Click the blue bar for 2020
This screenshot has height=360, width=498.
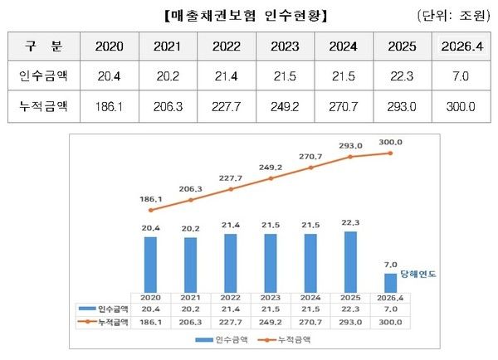coord(150,264)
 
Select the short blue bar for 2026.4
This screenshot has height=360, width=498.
coord(390,282)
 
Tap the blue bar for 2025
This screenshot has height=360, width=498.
coord(350,261)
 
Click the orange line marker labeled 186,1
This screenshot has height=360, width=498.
coord(150,210)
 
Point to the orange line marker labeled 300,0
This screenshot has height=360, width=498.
coord(390,153)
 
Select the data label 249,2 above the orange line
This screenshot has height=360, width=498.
coord(271,165)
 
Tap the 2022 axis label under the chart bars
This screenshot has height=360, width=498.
coord(230,297)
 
